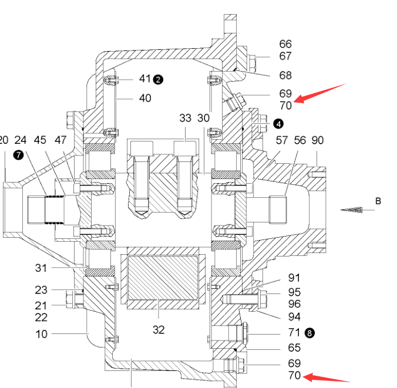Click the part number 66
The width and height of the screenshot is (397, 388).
coord(285,44)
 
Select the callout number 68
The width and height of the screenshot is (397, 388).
coord(285,75)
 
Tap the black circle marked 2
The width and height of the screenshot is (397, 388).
coord(158,80)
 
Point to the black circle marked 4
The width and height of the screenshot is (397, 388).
coord(278,124)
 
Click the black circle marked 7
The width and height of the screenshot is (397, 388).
coord(18,155)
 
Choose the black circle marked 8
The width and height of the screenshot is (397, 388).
coord(309,333)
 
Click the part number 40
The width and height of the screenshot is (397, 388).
coord(145,98)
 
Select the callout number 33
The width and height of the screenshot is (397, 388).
coord(185,118)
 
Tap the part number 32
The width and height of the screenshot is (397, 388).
coord(159,330)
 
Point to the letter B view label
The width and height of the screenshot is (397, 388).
coord(378,201)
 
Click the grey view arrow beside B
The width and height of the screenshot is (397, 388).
coord(351,210)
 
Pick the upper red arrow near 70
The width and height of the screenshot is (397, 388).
coord(319,94)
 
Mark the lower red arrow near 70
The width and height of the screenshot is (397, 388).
coord(327,377)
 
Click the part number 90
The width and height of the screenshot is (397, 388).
coord(318,140)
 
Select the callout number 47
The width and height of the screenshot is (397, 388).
coord(60,140)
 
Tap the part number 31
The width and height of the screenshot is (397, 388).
coord(41,268)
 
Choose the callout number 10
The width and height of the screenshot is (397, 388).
coord(41,335)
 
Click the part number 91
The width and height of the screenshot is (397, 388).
coord(294,278)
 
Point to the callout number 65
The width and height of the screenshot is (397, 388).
coord(294,347)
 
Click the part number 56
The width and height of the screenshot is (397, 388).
coord(300,140)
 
